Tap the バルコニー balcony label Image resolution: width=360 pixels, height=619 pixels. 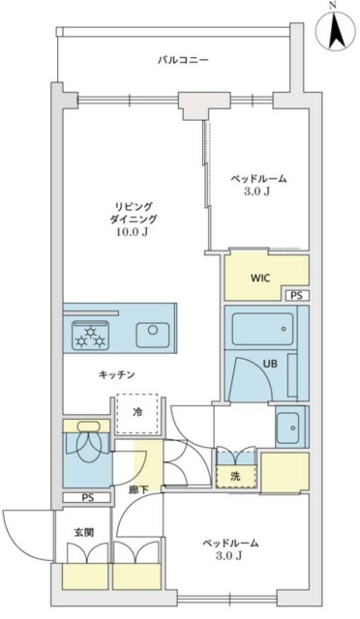(184, 60)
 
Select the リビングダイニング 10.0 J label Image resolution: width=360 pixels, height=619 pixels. (134, 220)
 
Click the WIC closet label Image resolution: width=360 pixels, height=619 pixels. (260, 278)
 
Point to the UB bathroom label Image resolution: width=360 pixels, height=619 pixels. (270, 364)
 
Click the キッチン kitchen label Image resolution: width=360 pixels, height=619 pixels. (116, 374)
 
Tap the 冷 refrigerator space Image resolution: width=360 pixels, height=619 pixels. (136, 412)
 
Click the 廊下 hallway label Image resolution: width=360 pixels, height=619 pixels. (138, 490)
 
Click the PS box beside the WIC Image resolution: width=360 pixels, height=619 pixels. (295, 295)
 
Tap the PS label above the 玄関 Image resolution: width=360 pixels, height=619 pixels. (88, 499)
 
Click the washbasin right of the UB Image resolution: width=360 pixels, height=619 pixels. (287, 426)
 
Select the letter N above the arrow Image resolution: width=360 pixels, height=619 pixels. (333, 6)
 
